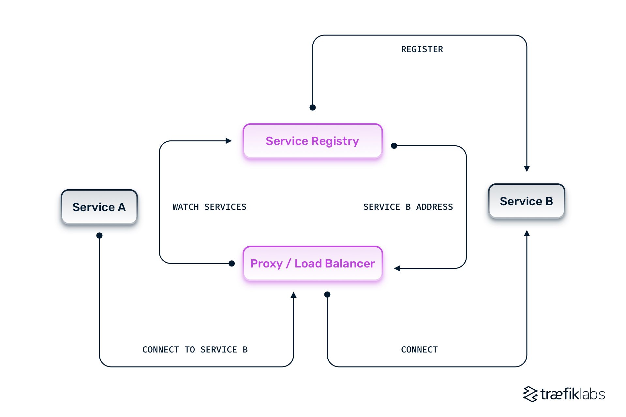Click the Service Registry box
(x=312, y=141)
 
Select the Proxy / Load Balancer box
(x=312, y=263)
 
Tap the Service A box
(x=99, y=207)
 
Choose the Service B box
(x=526, y=201)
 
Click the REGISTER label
(x=422, y=49)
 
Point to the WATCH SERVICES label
(x=209, y=207)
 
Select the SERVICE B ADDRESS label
(x=408, y=207)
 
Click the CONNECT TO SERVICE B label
(x=195, y=350)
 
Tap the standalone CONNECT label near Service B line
(x=419, y=350)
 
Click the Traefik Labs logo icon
(x=530, y=394)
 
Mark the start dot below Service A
(x=99, y=235)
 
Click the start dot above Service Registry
(x=312, y=108)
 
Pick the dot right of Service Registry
(x=394, y=146)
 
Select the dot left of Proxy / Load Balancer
(x=231, y=263)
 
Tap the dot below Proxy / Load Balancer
(x=327, y=295)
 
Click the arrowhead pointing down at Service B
(x=527, y=168)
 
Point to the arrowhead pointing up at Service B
(x=527, y=233)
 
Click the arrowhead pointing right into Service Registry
(x=229, y=141)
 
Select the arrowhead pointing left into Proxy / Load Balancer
(x=397, y=268)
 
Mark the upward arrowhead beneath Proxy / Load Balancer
(x=293, y=295)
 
